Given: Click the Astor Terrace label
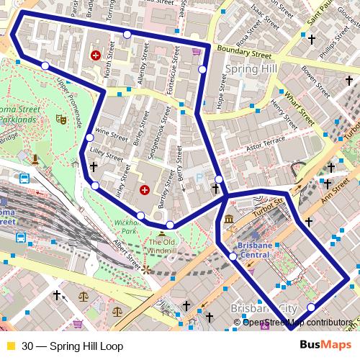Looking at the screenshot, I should (261, 147).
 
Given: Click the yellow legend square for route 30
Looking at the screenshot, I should (10, 346).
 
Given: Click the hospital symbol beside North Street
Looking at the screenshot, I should (95, 55).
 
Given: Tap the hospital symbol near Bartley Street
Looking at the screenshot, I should (144, 190).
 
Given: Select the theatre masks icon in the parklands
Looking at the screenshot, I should (61, 120).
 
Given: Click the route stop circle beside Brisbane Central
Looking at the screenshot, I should (233, 256).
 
